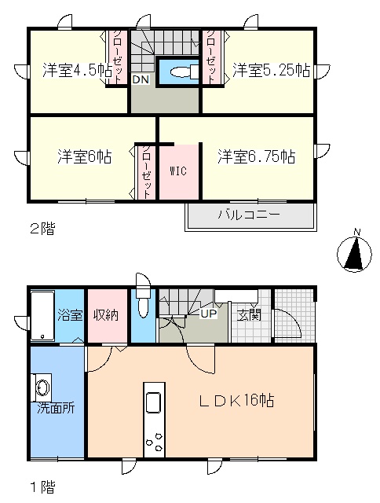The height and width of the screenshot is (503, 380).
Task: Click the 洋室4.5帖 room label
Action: point(77,70)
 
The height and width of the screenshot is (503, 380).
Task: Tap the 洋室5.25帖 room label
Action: point(272,70)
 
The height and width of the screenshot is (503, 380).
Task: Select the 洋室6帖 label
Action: point(85,156)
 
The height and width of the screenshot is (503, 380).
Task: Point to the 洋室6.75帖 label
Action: point(257,156)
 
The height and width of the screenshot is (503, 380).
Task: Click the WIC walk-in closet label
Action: point(178,171)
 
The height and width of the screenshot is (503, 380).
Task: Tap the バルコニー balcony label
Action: point(249,215)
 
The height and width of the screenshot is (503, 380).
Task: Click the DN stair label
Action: point(141,79)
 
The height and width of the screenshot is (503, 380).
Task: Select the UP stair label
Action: point(209,314)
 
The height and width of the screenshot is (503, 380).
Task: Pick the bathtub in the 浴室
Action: point(43,315)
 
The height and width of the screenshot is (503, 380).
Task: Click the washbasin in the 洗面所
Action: point(42,387)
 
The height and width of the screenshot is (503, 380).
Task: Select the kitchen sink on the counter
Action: point(154,402)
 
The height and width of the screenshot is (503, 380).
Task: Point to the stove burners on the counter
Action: point(155,442)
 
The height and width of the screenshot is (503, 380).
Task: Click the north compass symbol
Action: point(355,253)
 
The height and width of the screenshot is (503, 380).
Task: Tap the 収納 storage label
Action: point(106,315)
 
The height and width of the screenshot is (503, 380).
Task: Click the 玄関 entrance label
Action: point(250,315)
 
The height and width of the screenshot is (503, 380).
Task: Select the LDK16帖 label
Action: point(236,400)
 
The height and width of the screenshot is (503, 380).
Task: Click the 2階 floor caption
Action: point(42,229)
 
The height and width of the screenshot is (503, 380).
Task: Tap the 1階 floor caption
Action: point(42,487)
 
